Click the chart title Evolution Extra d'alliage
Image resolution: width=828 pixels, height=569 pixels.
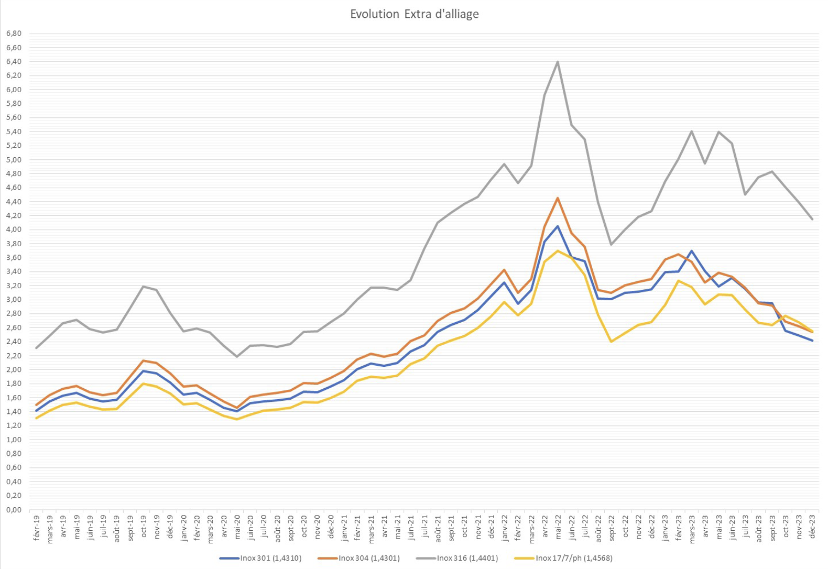(x=415, y=14)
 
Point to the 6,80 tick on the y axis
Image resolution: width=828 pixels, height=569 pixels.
(x=14, y=34)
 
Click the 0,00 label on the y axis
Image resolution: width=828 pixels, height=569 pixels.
(x=14, y=510)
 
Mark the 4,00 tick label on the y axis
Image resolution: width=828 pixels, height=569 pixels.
(x=14, y=229)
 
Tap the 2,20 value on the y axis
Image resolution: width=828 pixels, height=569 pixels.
(x=14, y=356)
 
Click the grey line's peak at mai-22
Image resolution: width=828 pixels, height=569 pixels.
(x=558, y=61)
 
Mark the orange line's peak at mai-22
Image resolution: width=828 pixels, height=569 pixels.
(x=558, y=198)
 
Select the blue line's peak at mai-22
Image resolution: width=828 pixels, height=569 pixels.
(x=558, y=226)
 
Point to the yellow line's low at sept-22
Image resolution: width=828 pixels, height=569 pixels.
(x=611, y=342)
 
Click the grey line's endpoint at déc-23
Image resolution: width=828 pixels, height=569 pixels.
(x=812, y=219)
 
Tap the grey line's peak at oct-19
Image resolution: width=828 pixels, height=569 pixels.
(x=143, y=287)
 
